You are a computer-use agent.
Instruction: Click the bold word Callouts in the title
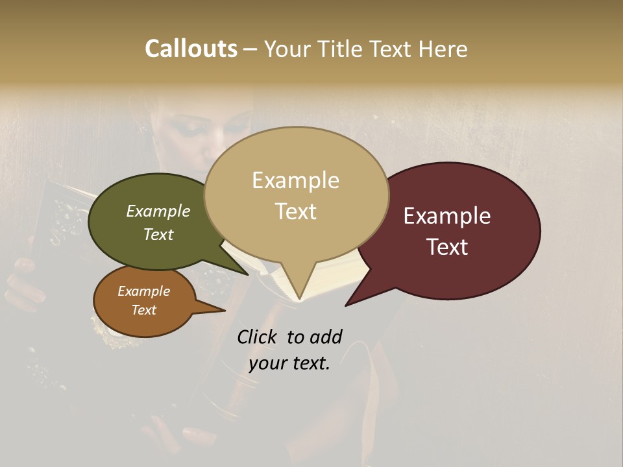point(191,49)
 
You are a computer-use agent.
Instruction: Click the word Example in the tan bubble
point(295,180)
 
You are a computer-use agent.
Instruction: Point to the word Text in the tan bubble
point(295,211)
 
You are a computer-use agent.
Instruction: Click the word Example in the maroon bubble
point(447,216)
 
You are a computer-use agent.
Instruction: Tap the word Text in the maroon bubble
point(447,247)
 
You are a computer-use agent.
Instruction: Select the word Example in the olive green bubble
point(158,211)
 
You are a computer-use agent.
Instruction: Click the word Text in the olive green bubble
point(158,234)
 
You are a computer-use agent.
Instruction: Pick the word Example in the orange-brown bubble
point(143,291)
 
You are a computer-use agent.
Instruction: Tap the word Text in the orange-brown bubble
point(143,310)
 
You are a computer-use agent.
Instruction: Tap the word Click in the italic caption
point(258,337)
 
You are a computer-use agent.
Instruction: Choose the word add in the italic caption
point(326,337)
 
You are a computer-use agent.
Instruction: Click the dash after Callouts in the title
point(250,49)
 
